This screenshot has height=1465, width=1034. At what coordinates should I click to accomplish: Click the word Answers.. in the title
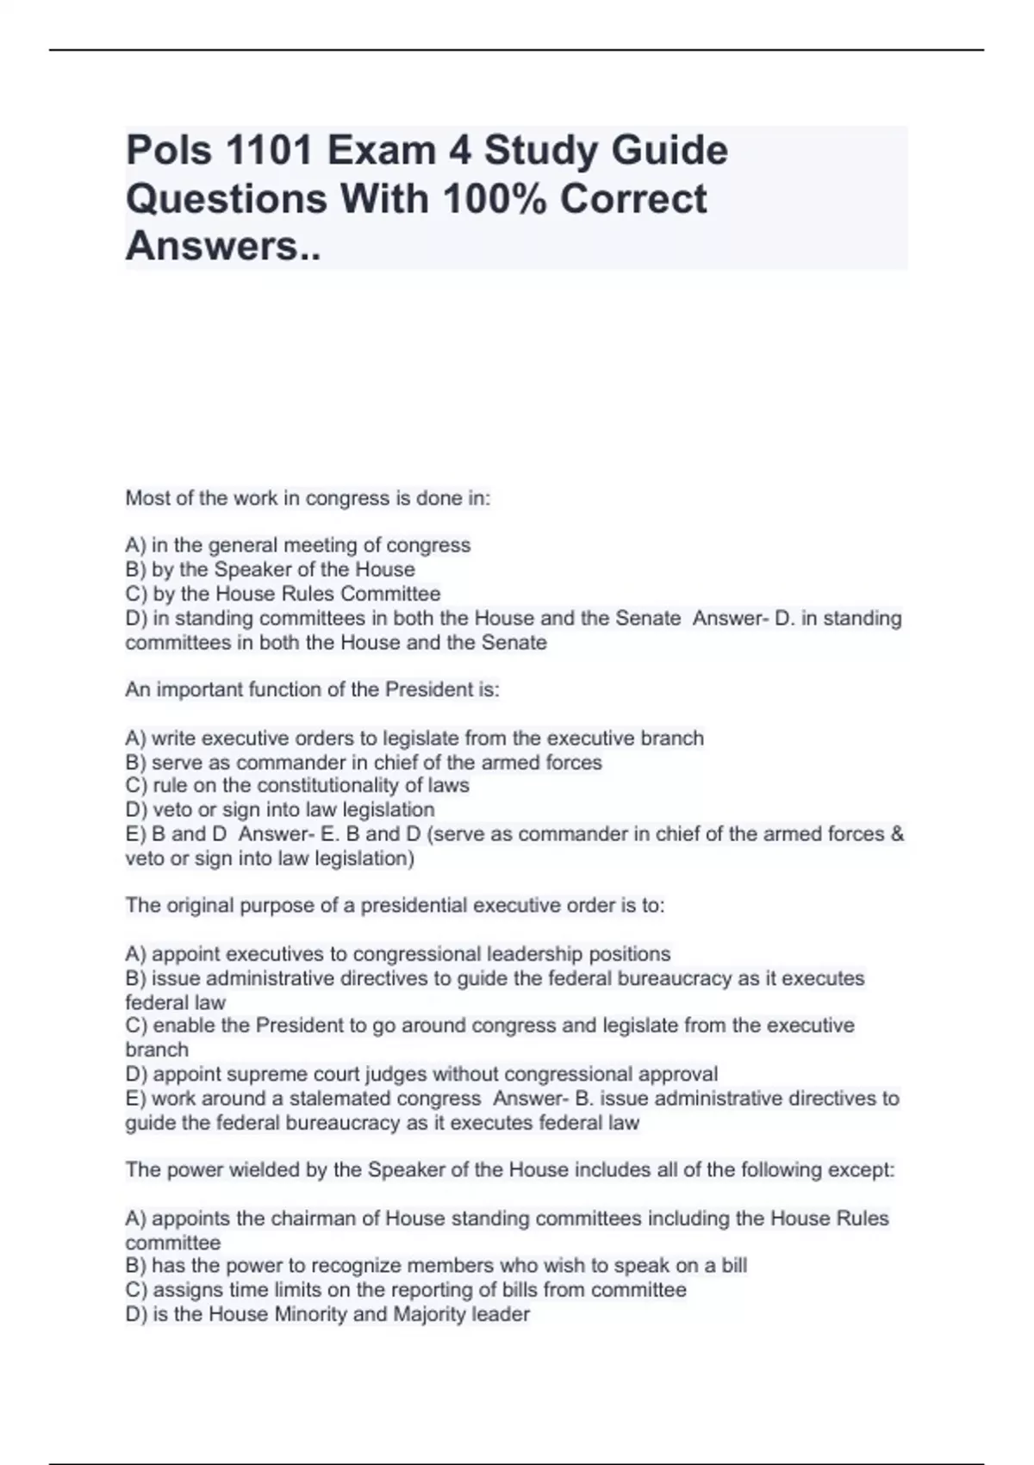tap(223, 246)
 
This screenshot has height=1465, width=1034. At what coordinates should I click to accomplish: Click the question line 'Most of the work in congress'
tap(308, 499)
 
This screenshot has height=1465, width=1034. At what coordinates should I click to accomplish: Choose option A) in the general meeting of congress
tap(298, 545)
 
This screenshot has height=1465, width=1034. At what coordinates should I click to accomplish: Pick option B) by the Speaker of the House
tap(271, 570)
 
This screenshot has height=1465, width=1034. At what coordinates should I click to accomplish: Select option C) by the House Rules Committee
tap(283, 594)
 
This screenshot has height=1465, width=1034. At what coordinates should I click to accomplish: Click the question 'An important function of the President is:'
tap(312, 690)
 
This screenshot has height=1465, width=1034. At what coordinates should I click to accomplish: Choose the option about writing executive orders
tap(414, 739)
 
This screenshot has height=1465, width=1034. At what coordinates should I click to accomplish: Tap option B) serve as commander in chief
tap(364, 763)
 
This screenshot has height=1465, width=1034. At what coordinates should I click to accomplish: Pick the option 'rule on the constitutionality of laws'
tap(297, 786)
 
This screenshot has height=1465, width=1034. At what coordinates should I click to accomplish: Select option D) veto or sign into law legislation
tap(280, 810)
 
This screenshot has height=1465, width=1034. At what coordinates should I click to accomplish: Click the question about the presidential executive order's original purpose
tap(395, 906)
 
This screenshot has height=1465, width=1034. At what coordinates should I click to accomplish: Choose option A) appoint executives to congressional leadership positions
tap(398, 954)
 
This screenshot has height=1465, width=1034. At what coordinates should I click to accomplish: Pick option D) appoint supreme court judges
tap(421, 1075)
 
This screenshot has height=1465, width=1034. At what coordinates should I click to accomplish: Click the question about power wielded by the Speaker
tap(510, 1170)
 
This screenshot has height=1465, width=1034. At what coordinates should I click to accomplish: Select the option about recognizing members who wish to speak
tap(436, 1266)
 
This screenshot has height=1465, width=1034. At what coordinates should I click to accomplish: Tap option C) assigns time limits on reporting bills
tap(406, 1290)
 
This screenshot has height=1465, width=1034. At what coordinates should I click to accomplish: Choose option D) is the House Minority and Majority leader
tap(327, 1314)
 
